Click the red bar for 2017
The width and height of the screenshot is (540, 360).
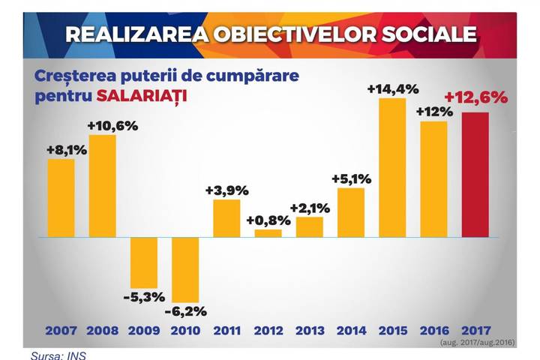pyautogui.click(x=475, y=175)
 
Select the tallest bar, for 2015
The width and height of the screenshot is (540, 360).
pyautogui.click(x=392, y=168)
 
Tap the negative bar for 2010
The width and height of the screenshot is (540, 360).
pyautogui.click(x=185, y=270)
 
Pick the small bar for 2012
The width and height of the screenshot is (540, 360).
pyautogui.click(x=268, y=233)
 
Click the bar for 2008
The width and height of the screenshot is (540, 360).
pyautogui.click(x=103, y=186)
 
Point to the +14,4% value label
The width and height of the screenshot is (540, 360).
pyautogui.click(x=393, y=89)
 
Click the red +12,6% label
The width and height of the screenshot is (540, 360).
pyautogui.click(x=476, y=97)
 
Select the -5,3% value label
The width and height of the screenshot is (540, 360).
pyautogui.click(x=144, y=297)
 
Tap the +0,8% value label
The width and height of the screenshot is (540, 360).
pyautogui.click(x=268, y=220)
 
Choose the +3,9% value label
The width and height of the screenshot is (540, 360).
pyautogui.click(x=227, y=190)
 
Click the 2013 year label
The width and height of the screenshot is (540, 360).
pyautogui.click(x=310, y=331)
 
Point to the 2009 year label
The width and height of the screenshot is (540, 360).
pyautogui.click(x=144, y=331)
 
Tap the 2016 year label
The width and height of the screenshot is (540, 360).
pyautogui.click(x=434, y=331)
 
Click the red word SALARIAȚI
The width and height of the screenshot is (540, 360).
pyautogui.click(x=142, y=96)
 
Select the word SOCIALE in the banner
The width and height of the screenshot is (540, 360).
pyautogui.click(x=430, y=34)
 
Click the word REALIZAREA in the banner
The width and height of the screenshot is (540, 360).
pyautogui.click(x=137, y=34)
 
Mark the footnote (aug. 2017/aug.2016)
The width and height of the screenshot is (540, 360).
pyautogui.click(x=477, y=343)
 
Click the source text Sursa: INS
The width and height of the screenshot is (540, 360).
pyautogui.click(x=58, y=355)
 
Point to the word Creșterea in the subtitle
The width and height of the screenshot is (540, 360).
pyautogui.click(x=75, y=76)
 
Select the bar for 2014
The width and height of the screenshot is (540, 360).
pyautogui.click(x=351, y=213)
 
